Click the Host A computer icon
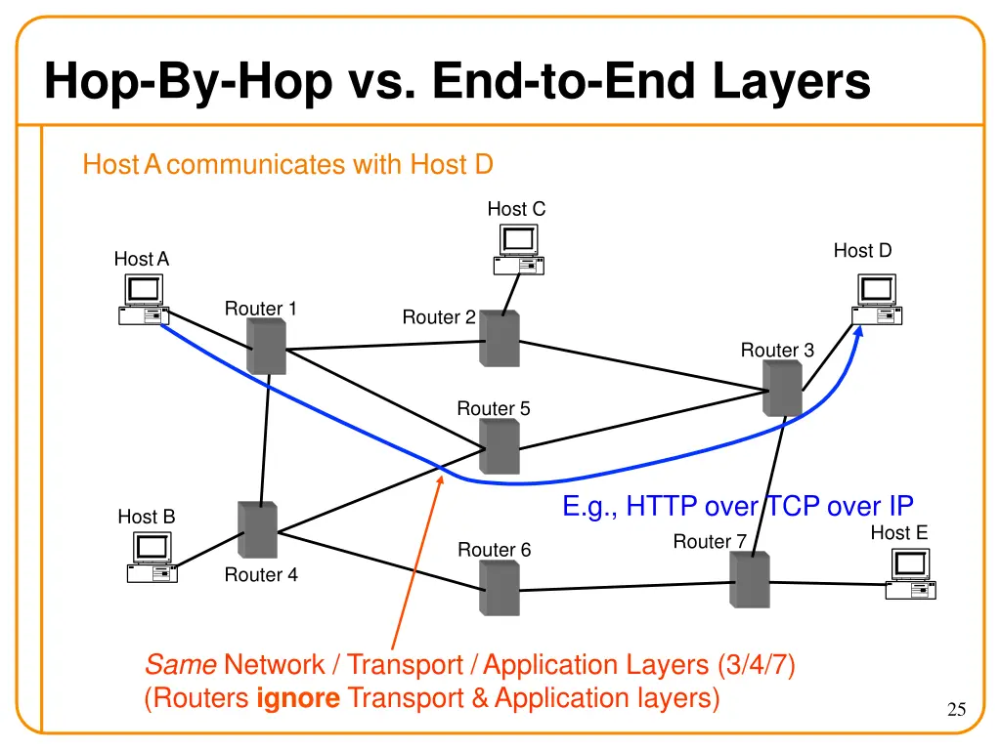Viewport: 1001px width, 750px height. (x=144, y=300)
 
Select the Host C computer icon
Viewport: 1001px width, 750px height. (x=518, y=250)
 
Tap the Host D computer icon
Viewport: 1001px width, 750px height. (x=877, y=300)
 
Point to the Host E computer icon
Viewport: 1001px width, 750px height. (x=910, y=574)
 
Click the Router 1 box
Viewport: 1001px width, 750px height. (x=266, y=347)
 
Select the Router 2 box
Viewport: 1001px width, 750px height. (x=500, y=339)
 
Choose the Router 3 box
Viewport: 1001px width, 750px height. (x=783, y=388)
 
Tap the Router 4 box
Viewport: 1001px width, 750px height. (x=258, y=530)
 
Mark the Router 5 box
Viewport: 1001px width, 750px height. (x=500, y=447)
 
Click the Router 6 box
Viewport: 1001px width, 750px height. (x=500, y=589)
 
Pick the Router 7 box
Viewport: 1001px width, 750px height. (x=750, y=580)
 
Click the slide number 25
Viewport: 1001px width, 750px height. (x=956, y=710)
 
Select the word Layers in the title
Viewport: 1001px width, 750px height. (x=791, y=81)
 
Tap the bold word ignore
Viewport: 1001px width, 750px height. (x=298, y=698)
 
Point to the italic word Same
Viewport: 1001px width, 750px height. (x=180, y=665)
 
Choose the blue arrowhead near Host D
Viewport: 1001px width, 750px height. (x=859, y=333)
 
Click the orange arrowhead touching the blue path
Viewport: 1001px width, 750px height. (x=439, y=479)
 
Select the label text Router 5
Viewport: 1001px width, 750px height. (x=494, y=408)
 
